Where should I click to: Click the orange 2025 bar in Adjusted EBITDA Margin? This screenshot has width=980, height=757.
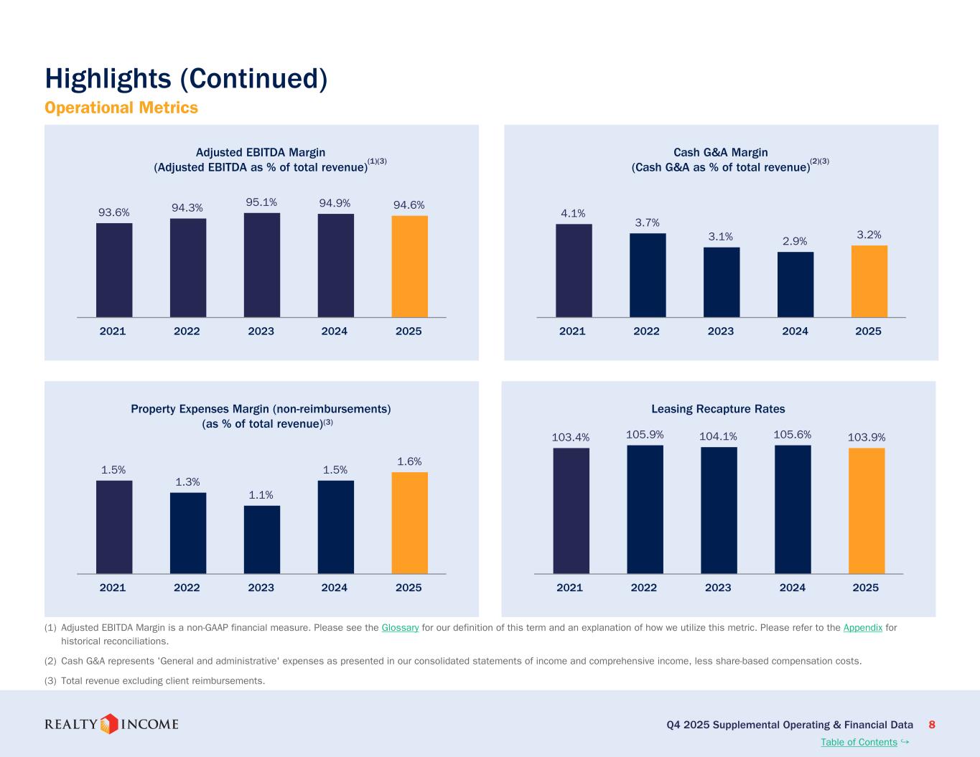click(409, 266)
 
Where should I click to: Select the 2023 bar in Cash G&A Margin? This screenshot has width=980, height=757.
click(722, 282)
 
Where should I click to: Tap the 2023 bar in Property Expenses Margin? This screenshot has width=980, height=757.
click(262, 540)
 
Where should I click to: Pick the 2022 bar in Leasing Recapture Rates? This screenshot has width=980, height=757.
click(645, 509)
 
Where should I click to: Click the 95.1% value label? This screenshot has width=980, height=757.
click(261, 202)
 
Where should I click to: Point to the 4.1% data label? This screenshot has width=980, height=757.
click(573, 213)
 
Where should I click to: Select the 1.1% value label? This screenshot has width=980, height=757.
click(261, 495)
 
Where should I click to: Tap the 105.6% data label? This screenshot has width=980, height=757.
click(793, 434)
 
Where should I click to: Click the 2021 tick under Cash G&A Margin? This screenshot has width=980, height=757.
click(572, 332)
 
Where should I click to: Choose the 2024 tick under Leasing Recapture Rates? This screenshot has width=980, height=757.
click(793, 588)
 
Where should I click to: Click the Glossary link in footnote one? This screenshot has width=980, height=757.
click(400, 628)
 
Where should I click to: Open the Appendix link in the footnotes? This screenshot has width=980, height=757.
click(863, 628)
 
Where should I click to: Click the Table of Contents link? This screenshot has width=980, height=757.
click(859, 743)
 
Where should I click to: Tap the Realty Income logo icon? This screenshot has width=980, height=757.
click(109, 724)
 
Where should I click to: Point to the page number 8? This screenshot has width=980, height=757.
click(932, 725)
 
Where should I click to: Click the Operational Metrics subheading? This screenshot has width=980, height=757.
click(121, 108)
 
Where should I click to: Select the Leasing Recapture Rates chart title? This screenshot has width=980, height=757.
click(718, 409)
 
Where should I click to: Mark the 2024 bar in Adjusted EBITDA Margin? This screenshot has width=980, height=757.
click(335, 265)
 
